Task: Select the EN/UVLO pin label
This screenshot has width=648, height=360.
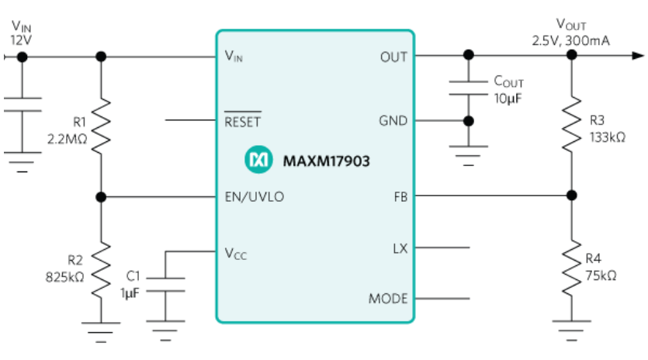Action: [254, 197]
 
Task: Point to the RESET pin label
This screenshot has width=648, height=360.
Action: [242, 121]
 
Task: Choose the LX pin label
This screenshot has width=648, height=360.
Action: [400, 248]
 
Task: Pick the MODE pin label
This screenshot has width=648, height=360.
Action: [388, 299]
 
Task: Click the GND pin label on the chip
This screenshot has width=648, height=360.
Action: [393, 121]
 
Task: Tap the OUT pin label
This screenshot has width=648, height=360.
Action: [394, 57]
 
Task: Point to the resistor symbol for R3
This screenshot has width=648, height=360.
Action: [571, 120]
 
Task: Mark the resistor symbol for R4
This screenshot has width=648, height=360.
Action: [571, 268]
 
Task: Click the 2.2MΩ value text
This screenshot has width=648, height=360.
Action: [69, 137]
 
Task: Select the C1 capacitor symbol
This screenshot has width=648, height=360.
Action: [165, 284]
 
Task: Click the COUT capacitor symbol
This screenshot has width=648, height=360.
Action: [468, 86]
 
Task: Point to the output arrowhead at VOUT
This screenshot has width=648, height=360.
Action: [637, 56]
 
